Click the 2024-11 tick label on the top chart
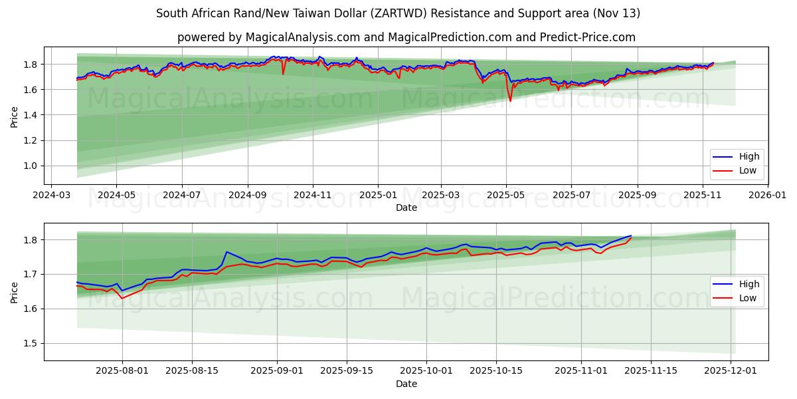(312, 196)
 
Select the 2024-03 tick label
(52, 196)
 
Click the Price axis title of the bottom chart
(15, 292)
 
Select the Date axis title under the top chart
(406, 207)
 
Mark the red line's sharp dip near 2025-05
(510, 101)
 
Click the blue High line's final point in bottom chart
(631, 235)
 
